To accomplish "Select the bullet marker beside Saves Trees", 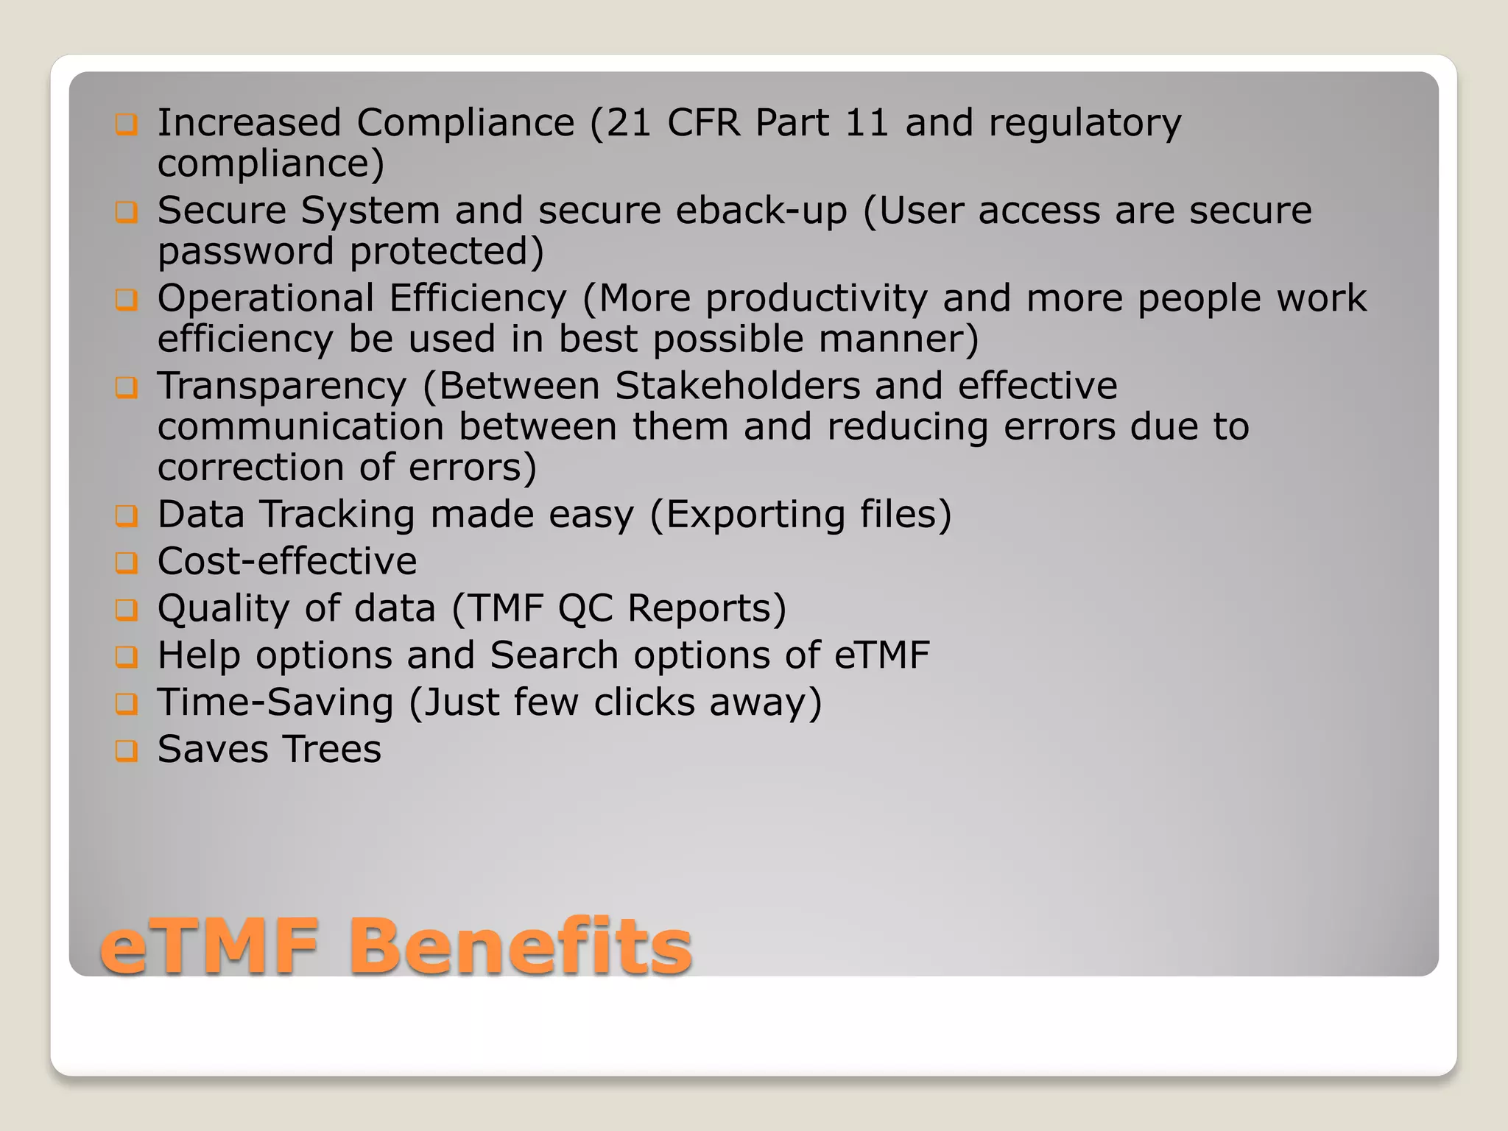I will pyautogui.click(x=127, y=750).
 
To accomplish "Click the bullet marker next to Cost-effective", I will pyautogui.click(x=127, y=563).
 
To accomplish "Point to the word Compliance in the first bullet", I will pyautogui.click(x=465, y=122).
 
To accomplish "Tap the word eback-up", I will pyautogui.click(x=761, y=211).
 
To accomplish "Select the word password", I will pyautogui.click(x=246, y=252).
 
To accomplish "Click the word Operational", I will pyautogui.click(x=266, y=299).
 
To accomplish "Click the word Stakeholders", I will pyautogui.click(x=737, y=386).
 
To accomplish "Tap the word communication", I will pyautogui.click(x=300, y=427).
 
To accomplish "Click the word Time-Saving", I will pyautogui.click(x=275, y=702).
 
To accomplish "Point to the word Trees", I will pyautogui.click(x=333, y=750).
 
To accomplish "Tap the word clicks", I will pyautogui.click(x=644, y=702).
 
